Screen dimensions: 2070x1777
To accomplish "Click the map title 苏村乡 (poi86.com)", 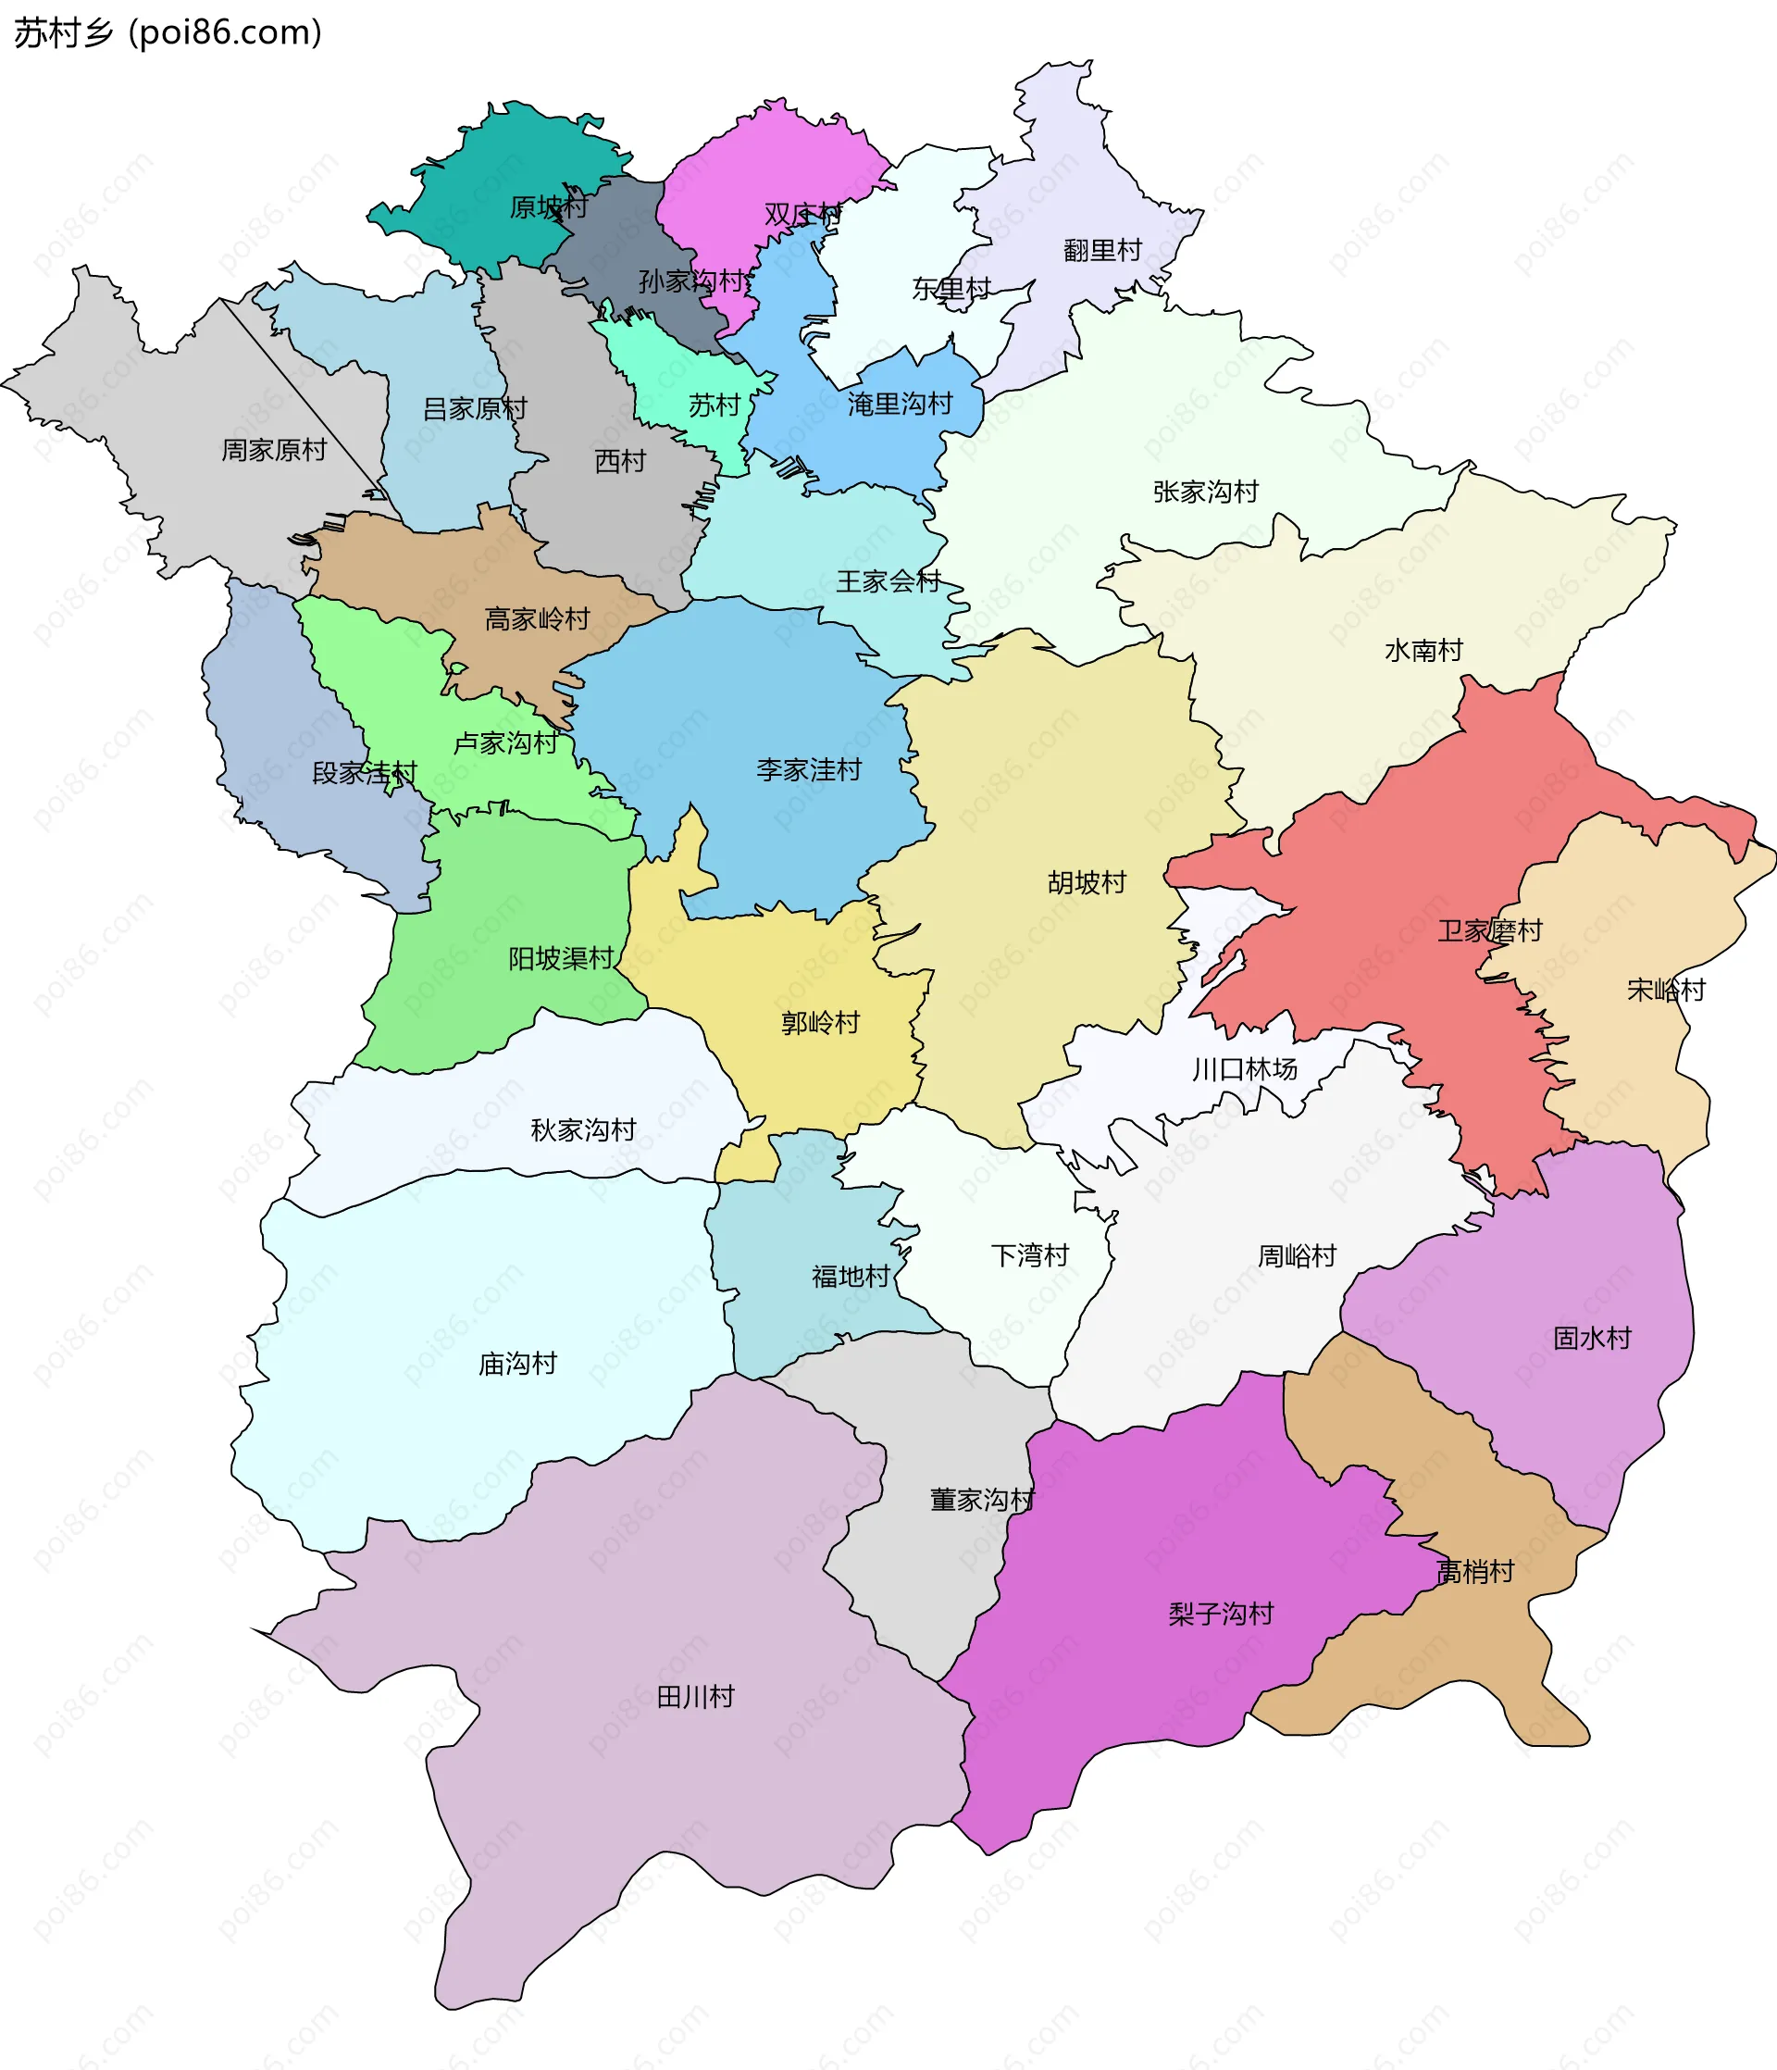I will click(168, 34).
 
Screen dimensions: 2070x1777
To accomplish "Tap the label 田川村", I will click(695, 1696).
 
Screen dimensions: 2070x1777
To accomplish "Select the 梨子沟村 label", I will click(1221, 1614).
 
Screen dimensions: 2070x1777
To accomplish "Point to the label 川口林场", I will click(1244, 1069).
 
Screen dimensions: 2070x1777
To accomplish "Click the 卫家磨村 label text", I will click(1489, 930).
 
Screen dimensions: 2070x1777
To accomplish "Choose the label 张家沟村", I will click(1205, 492).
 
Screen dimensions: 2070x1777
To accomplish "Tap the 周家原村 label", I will click(274, 450).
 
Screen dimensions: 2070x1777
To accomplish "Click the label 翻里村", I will click(1101, 250).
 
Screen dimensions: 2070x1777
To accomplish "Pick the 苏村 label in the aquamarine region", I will click(714, 405).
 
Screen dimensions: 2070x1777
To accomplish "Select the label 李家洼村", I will click(808, 769).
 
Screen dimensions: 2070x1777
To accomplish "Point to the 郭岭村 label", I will click(820, 1022).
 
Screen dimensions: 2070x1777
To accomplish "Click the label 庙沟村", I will click(517, 1363).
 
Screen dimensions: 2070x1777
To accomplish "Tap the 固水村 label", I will click(1591, 1338).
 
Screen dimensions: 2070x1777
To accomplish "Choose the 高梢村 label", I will click(1474, 1572).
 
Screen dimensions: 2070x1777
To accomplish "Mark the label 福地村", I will click(850, 1276).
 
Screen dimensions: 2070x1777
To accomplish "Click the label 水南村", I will click(1423, 651).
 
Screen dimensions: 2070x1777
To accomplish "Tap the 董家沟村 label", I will click(982, 1500).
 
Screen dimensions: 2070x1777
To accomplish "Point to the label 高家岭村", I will click(537, 619).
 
